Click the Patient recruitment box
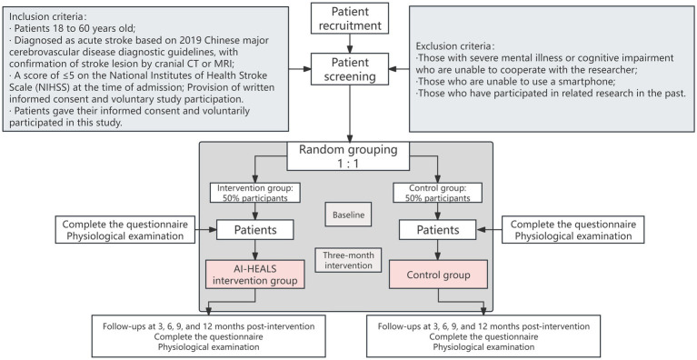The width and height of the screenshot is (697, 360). tap(349, 18)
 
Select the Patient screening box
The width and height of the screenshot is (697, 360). tap(349, 69)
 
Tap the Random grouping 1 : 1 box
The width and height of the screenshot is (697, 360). tap(348, 156)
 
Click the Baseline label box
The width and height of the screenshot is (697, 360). tap(348, 215)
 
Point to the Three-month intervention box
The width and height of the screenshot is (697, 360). tap(348, 260)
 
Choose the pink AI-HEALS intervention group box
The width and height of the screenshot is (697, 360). tap(254, 275)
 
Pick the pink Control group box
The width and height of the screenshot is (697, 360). tap(438, 275)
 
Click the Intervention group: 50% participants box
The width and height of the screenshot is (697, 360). tap(254, 193)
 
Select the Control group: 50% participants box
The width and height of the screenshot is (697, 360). tap(438, 193)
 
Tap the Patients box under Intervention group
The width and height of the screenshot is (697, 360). tap(255, 230)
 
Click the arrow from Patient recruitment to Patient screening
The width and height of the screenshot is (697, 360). tap(350, 44)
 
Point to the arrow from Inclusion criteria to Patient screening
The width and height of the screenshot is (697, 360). tap(300, 69)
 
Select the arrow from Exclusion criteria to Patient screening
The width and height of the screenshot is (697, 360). tap(399, 69)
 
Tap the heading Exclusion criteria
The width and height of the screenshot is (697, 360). tap(455, 46)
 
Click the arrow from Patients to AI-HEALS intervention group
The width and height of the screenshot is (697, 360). tap(254, 250)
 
